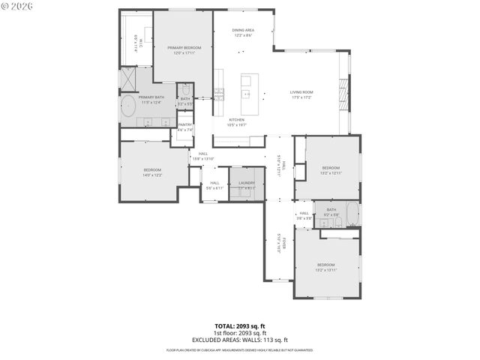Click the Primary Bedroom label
click(x=184, y=49)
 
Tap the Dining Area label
click(x=242, y=31)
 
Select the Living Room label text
click(x=301, y=94)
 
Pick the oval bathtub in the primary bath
click(x=128, y=104)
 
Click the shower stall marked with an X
click(x=127, y=77)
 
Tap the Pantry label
click(x=185, y=127)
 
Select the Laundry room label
click(x=247, y=184)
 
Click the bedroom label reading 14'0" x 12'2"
click(x=153, y=172)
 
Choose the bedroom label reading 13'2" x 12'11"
click(x=331, y=169)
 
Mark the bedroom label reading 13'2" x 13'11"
click(x=326, y=267)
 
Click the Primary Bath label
click(x=151, y=99)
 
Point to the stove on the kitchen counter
click(x=218, y=94)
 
